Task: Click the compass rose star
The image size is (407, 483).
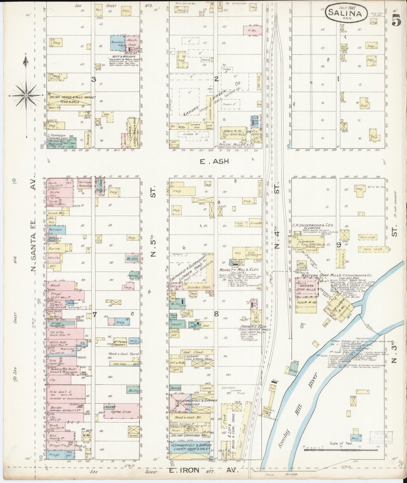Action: click(x=26, y=96)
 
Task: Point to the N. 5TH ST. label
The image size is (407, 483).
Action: click(x=154, y=225)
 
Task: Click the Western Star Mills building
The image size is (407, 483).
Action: click(x=306, y=287)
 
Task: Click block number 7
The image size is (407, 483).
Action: click(x=95, y=314)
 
